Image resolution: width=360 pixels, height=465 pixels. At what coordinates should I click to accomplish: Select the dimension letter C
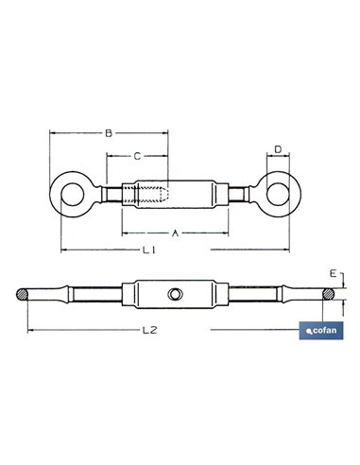pyautogui.click(x=137, y=154)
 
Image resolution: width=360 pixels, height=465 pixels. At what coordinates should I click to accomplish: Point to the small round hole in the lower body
pyautogui.click(x=175, y=296)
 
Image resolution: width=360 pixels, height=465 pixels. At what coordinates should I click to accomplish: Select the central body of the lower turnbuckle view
pyautogui.click(x=175, y=296)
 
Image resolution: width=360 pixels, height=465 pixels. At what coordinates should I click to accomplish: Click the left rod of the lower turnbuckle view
pyautogui.click(x=94, y=296)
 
